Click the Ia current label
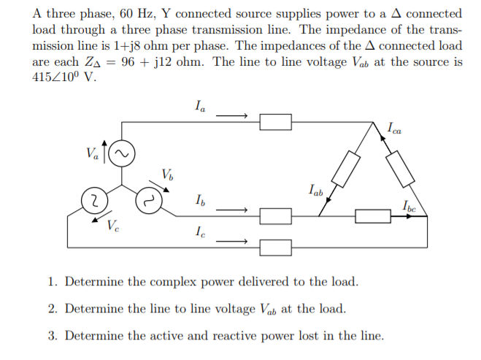click(200, 107)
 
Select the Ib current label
click(200, 199)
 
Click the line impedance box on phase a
click(276, 122)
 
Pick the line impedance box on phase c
click(276, 247)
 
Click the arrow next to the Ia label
click(233, 115)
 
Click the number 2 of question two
click(53, 309)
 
